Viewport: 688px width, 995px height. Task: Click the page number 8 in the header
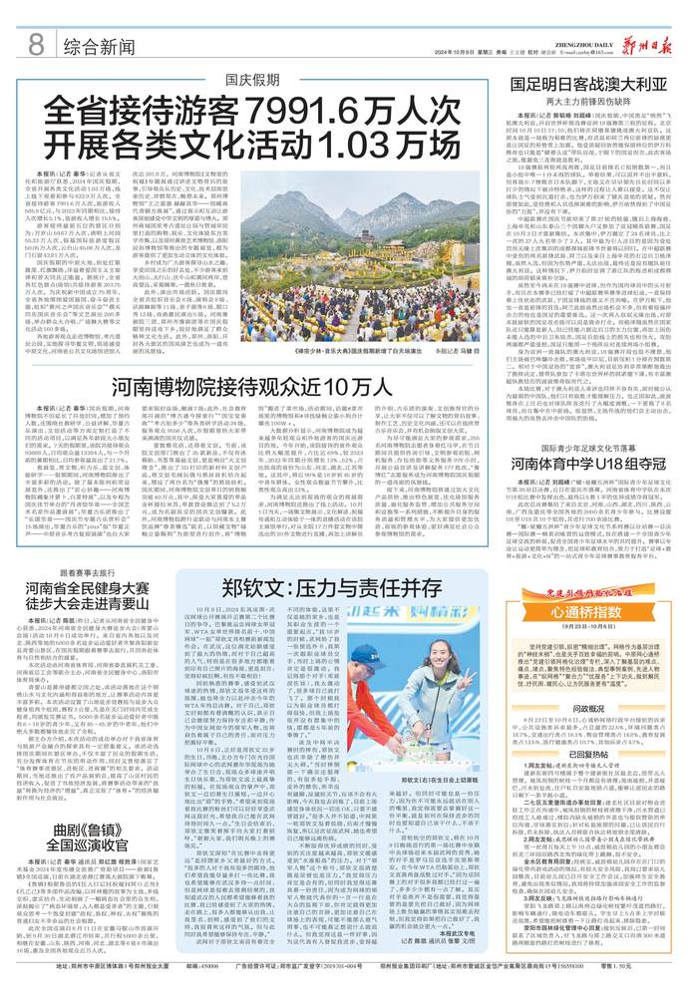coord(35,44)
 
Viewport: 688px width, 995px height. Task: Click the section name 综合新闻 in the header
coord(99,46)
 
